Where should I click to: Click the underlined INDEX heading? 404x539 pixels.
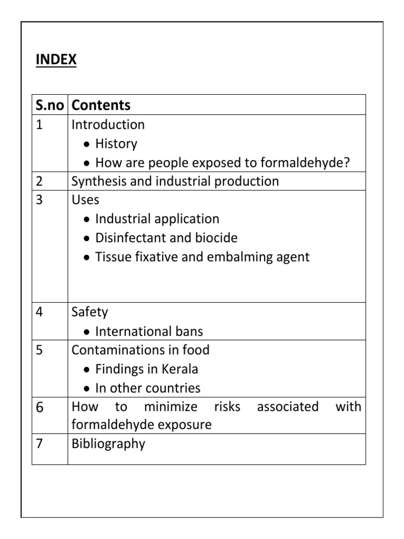click(56, 60)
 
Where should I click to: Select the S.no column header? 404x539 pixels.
click(49, 105)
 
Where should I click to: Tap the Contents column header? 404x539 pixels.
click(101, 105)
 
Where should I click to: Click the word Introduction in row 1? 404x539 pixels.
click(108, 125)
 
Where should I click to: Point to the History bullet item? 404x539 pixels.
click(116, 144)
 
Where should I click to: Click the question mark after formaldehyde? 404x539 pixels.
click(347, 163)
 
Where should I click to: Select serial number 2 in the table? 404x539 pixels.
click(39, 182)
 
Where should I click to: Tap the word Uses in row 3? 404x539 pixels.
click(85, 201)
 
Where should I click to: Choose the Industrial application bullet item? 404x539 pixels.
click(157, 219)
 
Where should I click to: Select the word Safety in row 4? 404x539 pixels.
click(89, 312)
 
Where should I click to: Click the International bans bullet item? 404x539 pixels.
click(149, 332)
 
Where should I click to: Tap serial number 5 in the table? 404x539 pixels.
click(39, 351)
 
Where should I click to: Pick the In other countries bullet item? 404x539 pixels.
click(147, 388)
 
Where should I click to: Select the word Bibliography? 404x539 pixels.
click(108, 444)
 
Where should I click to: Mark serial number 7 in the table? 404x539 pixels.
click(39, 444)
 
